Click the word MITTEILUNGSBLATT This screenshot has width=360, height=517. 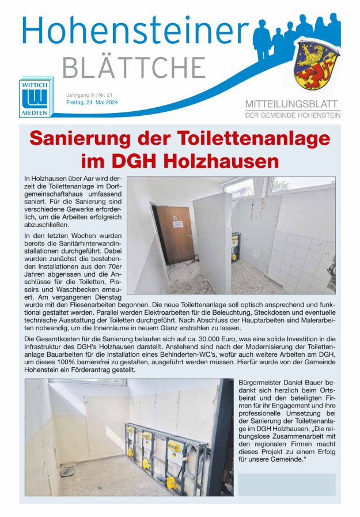coord(293,104)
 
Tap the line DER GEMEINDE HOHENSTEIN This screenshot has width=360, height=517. coord(293,115)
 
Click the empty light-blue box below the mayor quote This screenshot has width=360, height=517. coord(286,485)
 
